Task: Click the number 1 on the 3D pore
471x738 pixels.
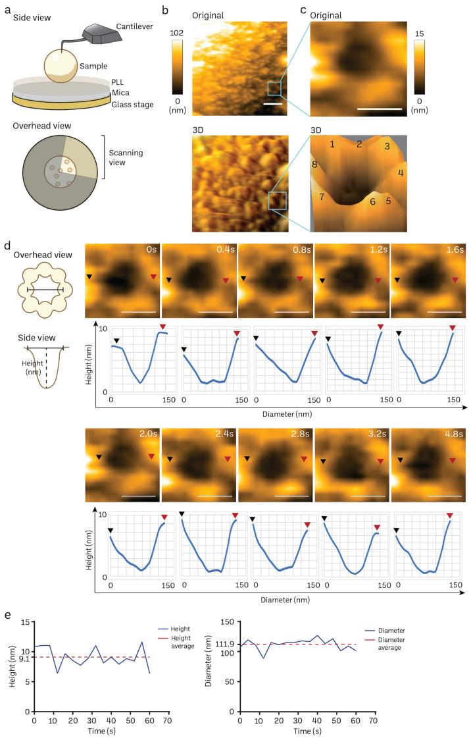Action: (333, 144)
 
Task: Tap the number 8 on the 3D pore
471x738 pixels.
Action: (314, 164)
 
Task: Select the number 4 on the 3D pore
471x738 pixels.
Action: (401, 172)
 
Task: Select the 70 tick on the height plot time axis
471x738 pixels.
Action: (167, 722)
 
